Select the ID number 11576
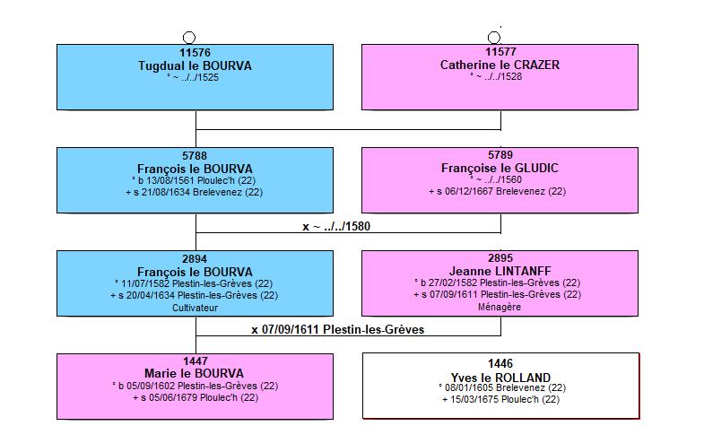coord(195,53)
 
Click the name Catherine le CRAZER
coord(500,65)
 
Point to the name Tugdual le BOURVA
coord(195,65)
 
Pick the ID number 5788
coord(195,156)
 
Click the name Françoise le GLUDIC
coord(500,168)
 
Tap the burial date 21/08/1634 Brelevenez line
coord(194,192)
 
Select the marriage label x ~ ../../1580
coord(336,226)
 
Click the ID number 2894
coord(195,259)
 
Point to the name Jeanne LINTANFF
coord(500,271)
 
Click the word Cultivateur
coord(195,308)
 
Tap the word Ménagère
coord(500,307)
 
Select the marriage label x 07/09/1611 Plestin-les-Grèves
coord(337,329)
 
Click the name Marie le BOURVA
coord(194,373)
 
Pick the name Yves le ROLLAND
coord(500,378)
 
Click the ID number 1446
coord(500,363)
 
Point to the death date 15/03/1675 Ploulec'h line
coord(500,399)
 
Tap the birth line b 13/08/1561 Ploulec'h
coord(194,180)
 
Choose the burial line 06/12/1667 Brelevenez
coord(498,191)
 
